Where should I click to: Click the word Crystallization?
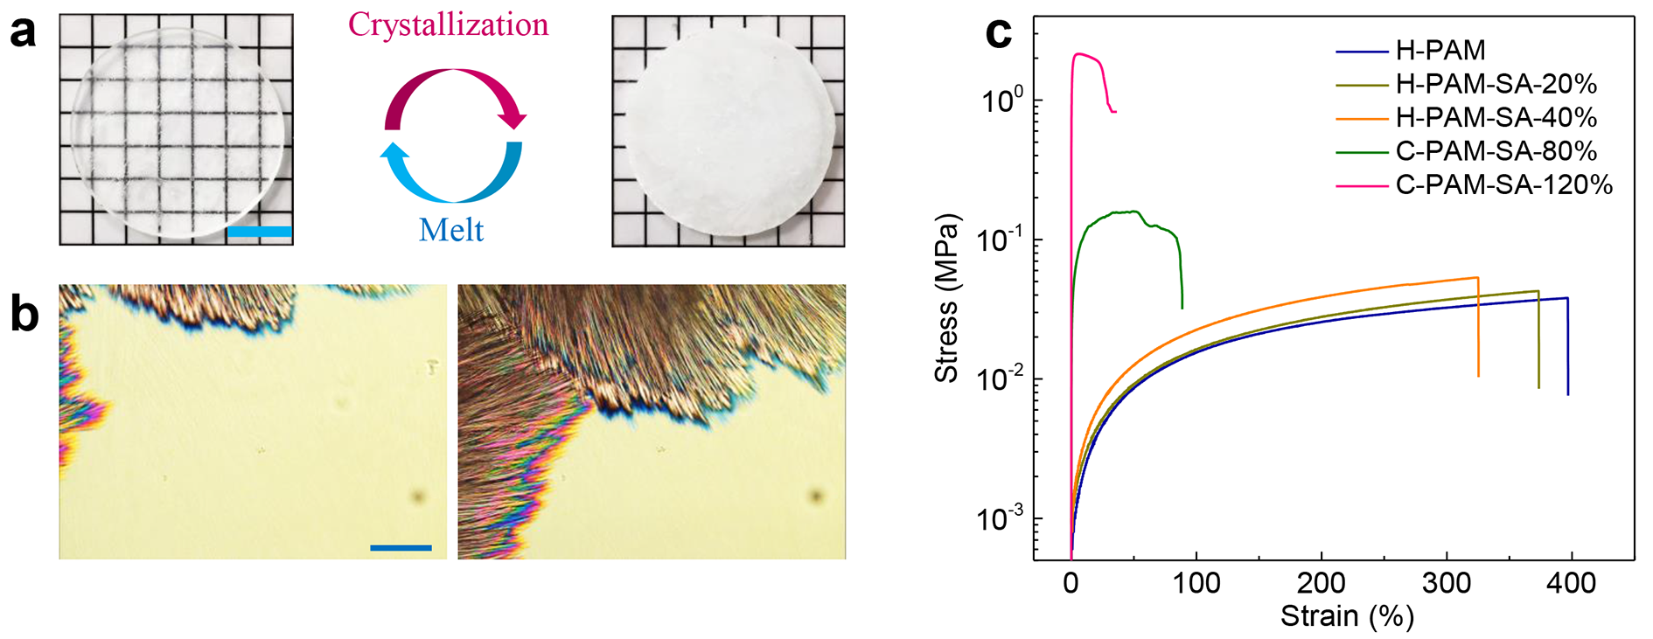coord(448,24)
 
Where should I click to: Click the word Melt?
coord(451,230)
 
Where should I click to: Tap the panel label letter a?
coord(24,32)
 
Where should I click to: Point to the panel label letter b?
coord(24,315)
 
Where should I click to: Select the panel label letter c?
coord(998,33)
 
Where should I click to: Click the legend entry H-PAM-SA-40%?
coord(1496,117)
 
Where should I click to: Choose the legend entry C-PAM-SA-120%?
coord(1503,184)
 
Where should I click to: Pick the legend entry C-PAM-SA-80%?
coord(1496,151)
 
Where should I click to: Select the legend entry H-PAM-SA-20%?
coord(1496,84)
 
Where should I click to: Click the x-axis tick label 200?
coord(1321,583)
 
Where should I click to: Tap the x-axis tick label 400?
coord(1571,583)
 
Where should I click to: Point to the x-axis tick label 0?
coord(1071,583)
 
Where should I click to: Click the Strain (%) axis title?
coord(1347,616)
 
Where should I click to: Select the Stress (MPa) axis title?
coord(947,298)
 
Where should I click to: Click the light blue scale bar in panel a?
coord(259,232)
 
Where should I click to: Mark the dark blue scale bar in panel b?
coord(401,548)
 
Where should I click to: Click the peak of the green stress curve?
coord(1133,211)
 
